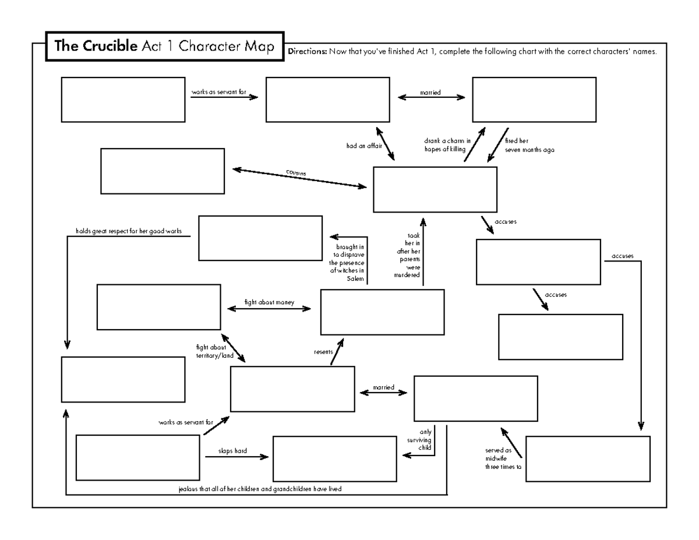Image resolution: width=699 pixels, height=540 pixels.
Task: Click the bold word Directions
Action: (308, 51)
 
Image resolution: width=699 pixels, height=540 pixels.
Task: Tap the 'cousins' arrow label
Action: (296, 173)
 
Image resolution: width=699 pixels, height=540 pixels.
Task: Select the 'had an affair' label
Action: (363, 146)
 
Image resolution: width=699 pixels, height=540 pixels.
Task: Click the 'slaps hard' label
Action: (232, 450)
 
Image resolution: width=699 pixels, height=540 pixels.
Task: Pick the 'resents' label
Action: (323, 352)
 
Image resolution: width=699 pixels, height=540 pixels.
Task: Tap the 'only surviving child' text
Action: (419, 440)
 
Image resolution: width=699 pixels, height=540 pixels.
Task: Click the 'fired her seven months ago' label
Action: (521, 145)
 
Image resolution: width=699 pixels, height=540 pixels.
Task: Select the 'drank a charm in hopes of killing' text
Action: (447, 145)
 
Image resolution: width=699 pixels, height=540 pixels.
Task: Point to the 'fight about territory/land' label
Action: (210, 351)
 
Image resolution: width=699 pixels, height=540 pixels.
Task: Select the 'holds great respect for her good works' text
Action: (129, 231)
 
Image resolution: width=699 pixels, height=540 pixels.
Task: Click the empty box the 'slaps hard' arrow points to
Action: (334, 458)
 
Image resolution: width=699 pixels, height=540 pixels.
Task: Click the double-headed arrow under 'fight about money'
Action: (269, 309)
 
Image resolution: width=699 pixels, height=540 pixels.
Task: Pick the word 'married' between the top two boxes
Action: (430, 92)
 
